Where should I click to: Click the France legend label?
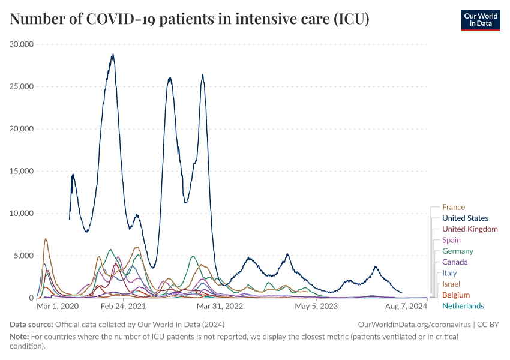coord(453,207)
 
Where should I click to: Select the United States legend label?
coord(465,218)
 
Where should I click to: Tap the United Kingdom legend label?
coord(470,229)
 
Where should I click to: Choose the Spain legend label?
coord(451,240)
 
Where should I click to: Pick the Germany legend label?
coord(457,251)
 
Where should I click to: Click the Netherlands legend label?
coord(463,306)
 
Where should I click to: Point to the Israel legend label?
coord(451,284)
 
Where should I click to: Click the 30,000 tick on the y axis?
coord(22,44)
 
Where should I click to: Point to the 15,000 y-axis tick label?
coord(22,171)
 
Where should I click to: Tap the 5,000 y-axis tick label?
coord(23,256)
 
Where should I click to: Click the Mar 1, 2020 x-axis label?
coord(58,306)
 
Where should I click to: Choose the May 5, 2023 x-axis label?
coord(316,306)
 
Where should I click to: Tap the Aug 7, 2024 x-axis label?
coord(406,306)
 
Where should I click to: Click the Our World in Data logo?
coord(480,20)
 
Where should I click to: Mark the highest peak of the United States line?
coord(113,55)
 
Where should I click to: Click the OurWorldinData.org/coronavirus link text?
coord(413,324)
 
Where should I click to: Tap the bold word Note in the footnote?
coord(19,337)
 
